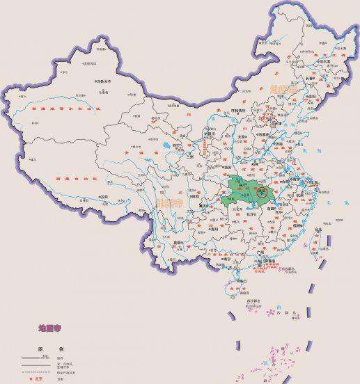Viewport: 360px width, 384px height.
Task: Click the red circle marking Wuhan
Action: click(263, 189)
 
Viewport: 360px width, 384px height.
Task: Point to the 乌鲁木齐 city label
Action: click(103, 81)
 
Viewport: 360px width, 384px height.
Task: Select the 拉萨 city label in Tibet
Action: click(104, 197)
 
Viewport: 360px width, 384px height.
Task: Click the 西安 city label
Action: click(226, 167)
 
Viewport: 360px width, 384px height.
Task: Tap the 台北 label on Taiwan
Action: click(318, 227)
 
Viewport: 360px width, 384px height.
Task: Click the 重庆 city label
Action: click(205, 206)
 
